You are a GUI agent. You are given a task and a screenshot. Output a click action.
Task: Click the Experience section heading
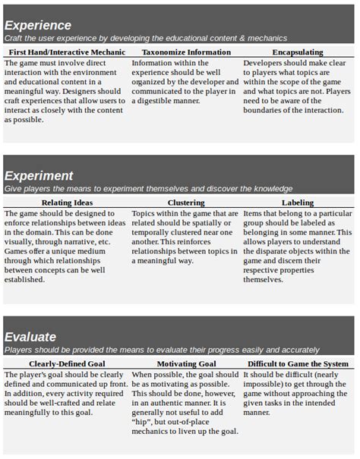[x=38, y=25]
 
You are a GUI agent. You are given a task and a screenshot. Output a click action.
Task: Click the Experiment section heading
[x=39, y=176]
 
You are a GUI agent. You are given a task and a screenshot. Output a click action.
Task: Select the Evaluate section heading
[x=30, y=337]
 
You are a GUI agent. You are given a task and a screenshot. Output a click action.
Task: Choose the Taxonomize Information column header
[x=186, y=52]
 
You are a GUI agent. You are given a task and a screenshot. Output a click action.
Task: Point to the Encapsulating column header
[x=297, y=52]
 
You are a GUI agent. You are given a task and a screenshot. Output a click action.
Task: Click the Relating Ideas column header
[x=67, y=203]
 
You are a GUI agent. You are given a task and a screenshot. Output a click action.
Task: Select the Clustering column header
[x=186, y=203]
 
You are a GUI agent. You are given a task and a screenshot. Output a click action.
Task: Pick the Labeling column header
[x=297, y=203]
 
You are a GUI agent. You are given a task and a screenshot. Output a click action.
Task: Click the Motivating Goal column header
[x=185, y=364]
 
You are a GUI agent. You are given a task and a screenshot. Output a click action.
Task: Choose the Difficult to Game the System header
[x=297, y=364]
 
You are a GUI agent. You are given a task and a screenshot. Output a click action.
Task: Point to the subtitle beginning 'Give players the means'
[x=148, y=188]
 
